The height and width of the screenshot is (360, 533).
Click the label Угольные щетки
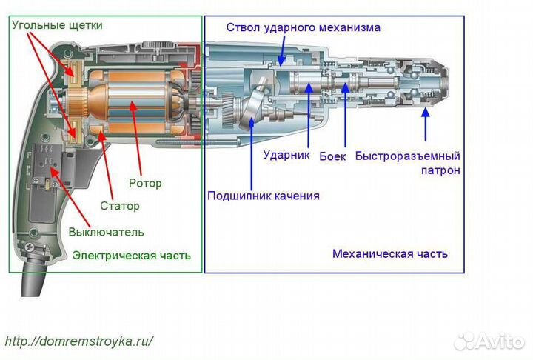click(56, 25)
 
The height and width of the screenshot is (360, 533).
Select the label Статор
click(119, 206)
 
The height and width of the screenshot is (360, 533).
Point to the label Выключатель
click(106, 232)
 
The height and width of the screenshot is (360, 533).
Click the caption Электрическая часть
click(131, 256)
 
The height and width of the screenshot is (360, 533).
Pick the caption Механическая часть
click(389, 253)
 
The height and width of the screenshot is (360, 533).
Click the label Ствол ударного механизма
click(303, 27)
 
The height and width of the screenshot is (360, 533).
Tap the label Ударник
click(286, 156)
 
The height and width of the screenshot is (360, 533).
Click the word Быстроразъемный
click(407, 156)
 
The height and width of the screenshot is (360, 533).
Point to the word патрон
click(443, 170)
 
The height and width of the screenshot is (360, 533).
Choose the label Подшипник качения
click(263, 196)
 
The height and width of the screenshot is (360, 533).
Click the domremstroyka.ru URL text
click(79, 341)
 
